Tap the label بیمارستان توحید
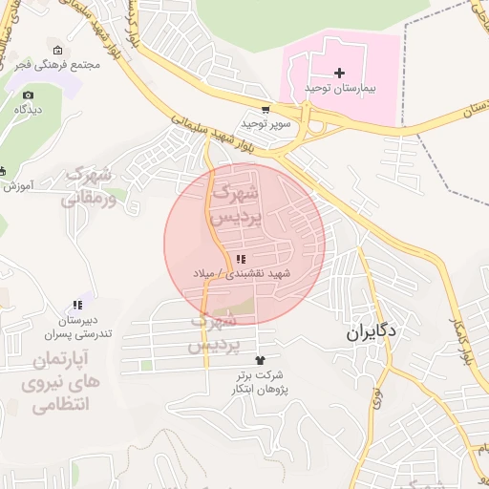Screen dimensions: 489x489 pos(341,88)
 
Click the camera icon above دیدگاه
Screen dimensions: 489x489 pos(28,95)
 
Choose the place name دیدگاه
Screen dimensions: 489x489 pos(27,110)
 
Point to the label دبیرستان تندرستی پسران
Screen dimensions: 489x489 pos(76,327)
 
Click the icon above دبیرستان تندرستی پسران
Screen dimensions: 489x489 pos(76,305)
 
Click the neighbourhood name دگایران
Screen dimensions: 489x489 pos(372,334)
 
